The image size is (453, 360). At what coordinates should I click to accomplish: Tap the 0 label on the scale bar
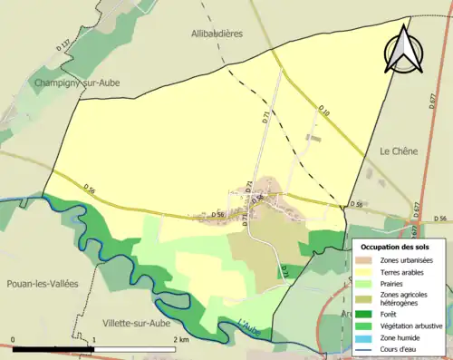point(13,339)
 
